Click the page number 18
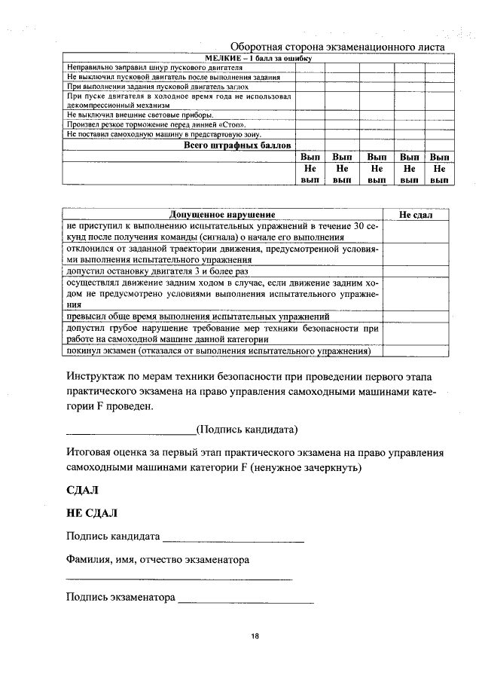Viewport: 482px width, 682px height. [255, 637]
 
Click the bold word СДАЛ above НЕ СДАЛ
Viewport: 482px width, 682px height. [83, 490]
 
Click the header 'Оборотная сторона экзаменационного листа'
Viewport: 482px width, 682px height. [337, 47]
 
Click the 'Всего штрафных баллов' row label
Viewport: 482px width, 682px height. [238, 145]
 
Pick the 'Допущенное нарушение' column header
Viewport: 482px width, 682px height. [222, 215]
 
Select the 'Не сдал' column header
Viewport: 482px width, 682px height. [416, 215]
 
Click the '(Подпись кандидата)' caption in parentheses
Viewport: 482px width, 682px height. [247, 430]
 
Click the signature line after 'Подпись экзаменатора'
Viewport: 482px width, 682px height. [246, 601]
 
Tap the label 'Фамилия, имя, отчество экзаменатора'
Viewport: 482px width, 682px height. [157, 560]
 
